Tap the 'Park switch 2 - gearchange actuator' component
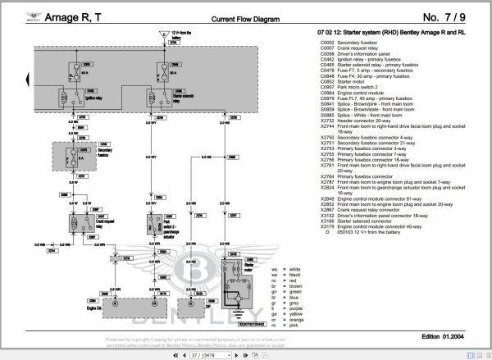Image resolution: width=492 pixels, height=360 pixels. point(158,225)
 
